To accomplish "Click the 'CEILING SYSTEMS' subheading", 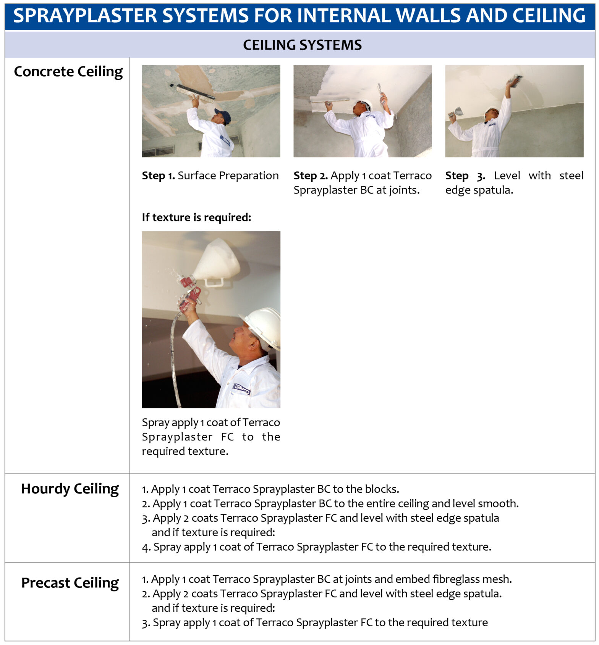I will [302, 45].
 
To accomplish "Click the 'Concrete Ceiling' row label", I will [68, 72].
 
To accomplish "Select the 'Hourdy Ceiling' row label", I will [70, 489].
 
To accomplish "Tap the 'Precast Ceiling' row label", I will [70, 583].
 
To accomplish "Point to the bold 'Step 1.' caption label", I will [158, 176].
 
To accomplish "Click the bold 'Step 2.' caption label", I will [311, 176].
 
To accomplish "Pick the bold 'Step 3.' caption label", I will [465, 176].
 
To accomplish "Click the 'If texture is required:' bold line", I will [196, 218].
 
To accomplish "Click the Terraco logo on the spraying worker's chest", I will [241, 389].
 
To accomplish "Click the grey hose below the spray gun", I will [174, 363].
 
